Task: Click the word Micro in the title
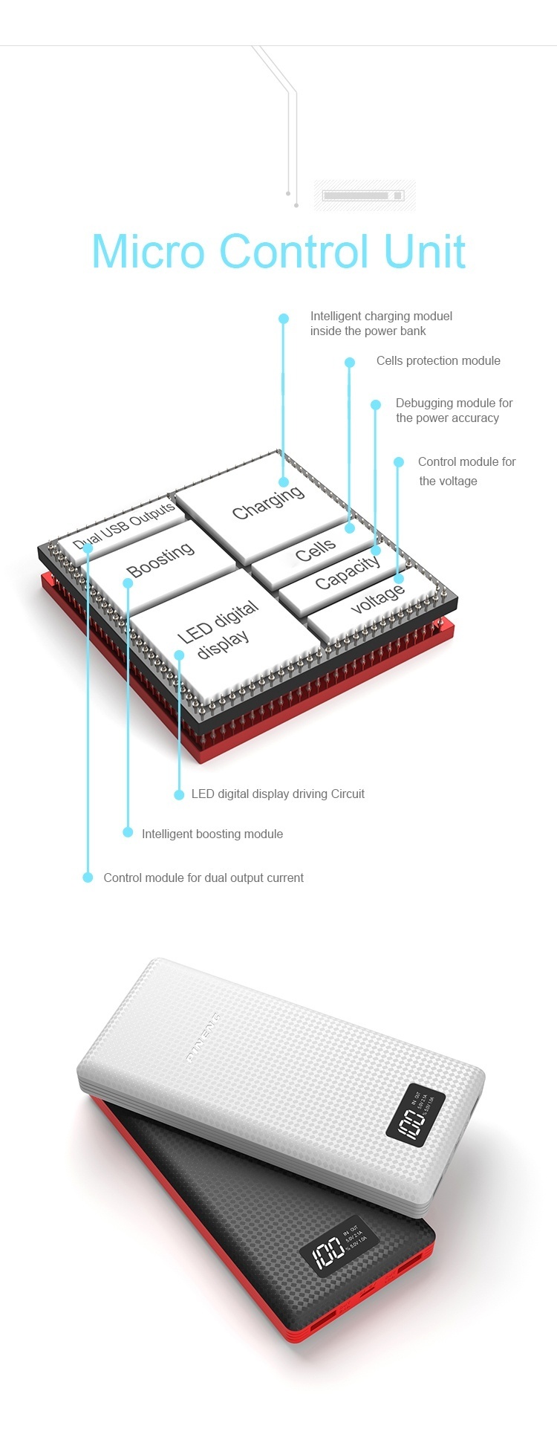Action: pos(148,251)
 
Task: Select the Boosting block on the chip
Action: pos(160,559)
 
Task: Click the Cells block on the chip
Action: pos(315,550)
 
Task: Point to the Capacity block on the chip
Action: pos(347,572)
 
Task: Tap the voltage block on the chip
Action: pos(377,599)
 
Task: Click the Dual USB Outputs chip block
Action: pos(124,525)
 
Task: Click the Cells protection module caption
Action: pos(438,361)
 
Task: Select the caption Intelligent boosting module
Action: pos(212,834)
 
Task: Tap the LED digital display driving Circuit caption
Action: pos(278,794)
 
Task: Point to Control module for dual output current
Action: pos(203,878)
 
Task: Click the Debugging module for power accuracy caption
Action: pos(454,411)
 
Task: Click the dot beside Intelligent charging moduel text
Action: pos(284,319)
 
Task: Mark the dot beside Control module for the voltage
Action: pos(399,462)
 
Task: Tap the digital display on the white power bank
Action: pos(415,1114)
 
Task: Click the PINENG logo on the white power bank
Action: pos(203,1036)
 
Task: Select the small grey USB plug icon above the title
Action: pos(363,195)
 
